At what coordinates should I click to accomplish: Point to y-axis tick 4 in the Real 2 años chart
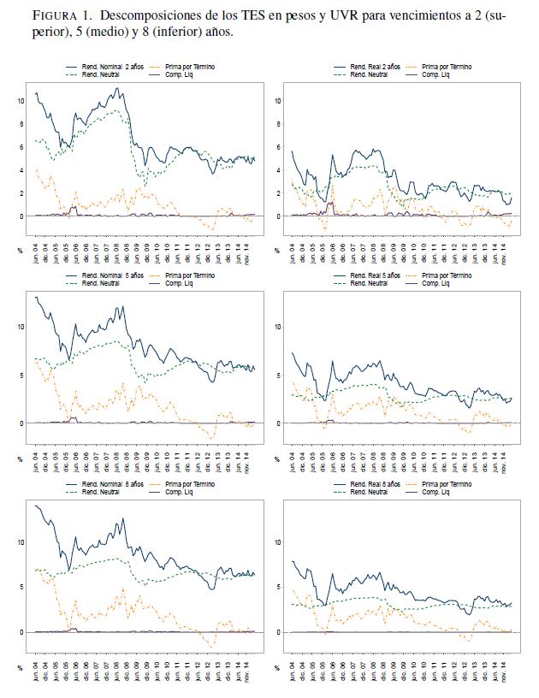pos(279,170)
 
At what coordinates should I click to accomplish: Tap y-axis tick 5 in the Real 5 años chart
pos(279,376)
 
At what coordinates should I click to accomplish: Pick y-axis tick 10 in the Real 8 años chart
pos(277,542)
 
